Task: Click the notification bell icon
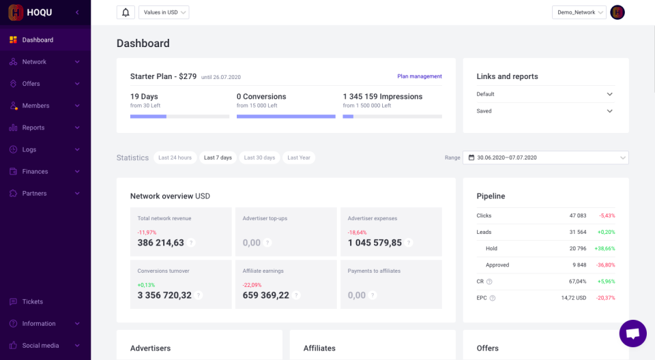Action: [126, 12]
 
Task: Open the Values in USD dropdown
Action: [164, 12]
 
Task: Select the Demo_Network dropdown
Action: [579, 12]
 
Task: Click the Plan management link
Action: [420, 76]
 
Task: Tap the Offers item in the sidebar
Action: [31, 84]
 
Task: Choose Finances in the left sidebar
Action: [35, 171]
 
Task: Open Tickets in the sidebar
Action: [32, 301]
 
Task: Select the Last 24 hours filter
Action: [175, 157]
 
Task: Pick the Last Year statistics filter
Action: [299, 157]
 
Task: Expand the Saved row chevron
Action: [609, 111]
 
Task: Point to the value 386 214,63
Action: [161, 243]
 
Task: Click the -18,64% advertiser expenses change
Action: [358, 232]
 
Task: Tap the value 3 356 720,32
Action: [164, 295]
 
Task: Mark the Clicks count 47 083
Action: [577, 215]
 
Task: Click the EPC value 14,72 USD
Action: [573, 298]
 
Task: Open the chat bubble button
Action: [632, 333]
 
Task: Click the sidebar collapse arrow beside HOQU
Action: [77, 12]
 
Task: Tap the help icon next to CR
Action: [489, 282]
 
